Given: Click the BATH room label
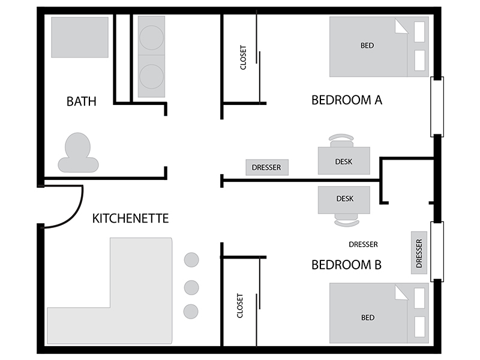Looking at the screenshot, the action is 82,101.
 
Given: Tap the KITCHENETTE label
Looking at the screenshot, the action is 130,218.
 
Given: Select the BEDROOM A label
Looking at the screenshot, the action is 347,100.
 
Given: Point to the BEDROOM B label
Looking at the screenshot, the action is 347,265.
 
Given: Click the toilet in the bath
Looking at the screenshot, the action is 78,153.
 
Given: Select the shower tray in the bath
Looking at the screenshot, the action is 80,37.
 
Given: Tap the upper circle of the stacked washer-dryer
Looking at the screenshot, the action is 152,37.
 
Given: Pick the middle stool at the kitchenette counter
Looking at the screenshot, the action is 191,287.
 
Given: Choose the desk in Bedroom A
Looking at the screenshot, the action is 344,161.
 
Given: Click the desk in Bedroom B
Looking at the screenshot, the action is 344,200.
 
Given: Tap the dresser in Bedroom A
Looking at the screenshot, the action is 267,167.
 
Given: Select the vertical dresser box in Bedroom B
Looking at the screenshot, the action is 419,253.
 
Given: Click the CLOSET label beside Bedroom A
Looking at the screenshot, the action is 243,58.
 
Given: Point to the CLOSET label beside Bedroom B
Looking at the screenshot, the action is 240,306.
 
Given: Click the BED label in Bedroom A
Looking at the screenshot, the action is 367,46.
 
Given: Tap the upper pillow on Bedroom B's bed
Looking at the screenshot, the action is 419,298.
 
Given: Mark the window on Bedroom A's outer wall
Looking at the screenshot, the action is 437,107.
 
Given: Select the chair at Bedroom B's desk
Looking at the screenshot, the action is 347,220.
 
